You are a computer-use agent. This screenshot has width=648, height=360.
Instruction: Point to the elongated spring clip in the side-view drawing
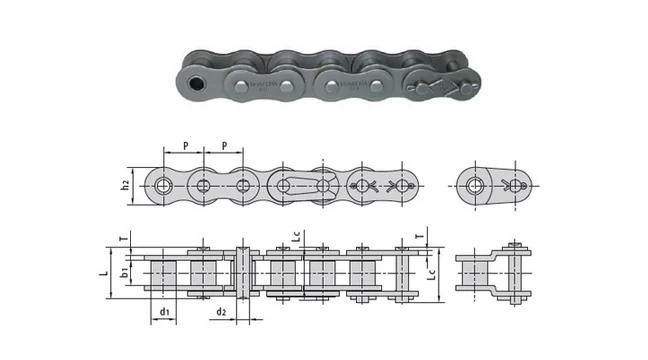312,185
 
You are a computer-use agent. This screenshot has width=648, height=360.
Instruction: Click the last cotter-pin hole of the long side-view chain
407,185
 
